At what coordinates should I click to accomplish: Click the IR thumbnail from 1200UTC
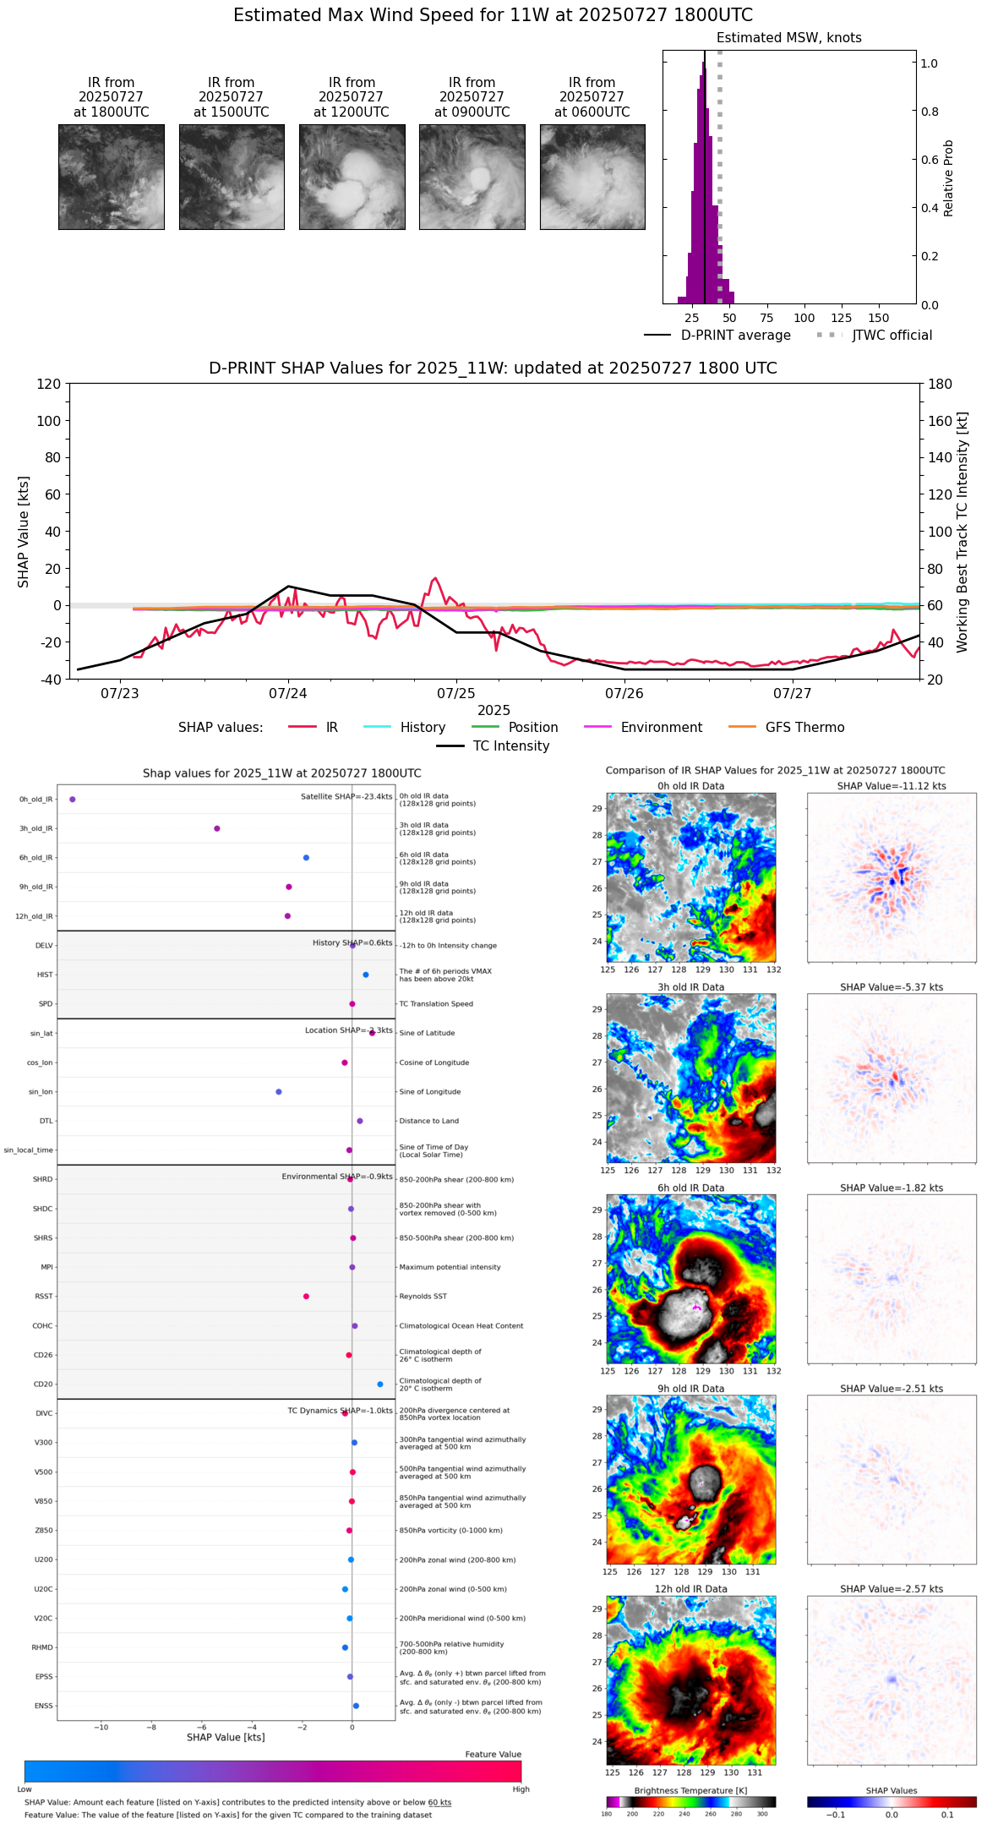(x=352, y=177)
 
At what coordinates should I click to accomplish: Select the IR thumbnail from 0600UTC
(x=592, y=177)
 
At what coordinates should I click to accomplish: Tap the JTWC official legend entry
(x=892, y=336)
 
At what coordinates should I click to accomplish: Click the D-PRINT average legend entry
(x=735, y=336)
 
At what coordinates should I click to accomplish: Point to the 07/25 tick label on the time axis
(x=456, y=694)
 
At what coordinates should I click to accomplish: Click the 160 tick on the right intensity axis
(x=941, y=421)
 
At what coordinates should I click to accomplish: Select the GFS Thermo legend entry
(x=804, y=728)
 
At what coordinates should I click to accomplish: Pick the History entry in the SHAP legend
(x=423, y=728)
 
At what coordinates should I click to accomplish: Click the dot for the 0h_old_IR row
(x=73, y=799)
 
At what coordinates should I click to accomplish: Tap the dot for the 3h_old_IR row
(x=217, y=828)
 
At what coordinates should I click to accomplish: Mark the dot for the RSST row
(x=306, y=1296)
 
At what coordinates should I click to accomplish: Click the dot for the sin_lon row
(x=279, y=1092)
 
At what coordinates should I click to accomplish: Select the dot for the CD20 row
(x=380, y=1384)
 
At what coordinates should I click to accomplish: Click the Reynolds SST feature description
(x=423, y=1297)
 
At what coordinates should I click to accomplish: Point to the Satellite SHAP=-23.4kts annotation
(x=346, y=796)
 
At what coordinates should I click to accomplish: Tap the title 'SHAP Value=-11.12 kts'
(x=892, y=786)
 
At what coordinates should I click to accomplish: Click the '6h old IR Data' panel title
(x=690, y=1188)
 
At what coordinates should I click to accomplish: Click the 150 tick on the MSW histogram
(x=879, y=318)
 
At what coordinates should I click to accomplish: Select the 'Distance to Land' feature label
(x=429, y=1121)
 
